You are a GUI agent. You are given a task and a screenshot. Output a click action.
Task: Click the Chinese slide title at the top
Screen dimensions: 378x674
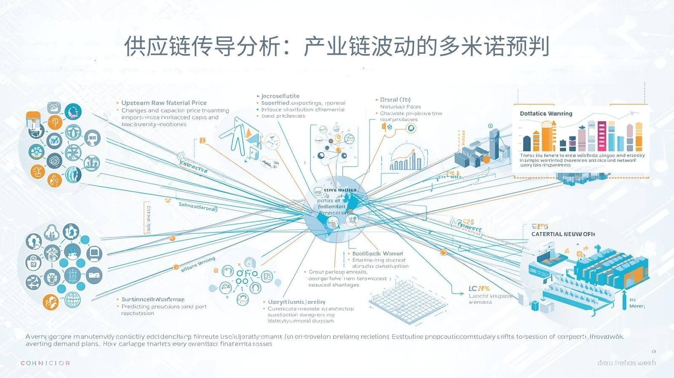pyautogui.click(x=337, y=46)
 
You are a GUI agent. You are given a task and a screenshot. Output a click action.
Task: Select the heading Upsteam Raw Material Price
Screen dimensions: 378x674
pyautogui.click(x=164, y=103)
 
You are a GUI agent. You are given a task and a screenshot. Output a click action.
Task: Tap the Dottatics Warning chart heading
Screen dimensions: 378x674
pyautogui.click(x=546, y=113)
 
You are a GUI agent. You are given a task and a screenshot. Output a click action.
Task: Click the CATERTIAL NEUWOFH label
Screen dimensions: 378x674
pyautogui.click(x=563, y=234)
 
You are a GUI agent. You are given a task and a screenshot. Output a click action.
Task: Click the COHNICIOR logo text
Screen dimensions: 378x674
pyautogui.click(x=45, y=363)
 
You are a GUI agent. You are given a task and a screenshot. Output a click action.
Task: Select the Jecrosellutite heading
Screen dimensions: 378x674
pyautogui.click(x=280, y=96)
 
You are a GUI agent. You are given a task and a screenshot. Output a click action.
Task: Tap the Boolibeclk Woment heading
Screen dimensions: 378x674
pyautogui.click(x=377, y=254)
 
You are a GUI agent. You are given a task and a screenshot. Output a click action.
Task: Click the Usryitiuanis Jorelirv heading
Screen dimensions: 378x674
pyautogui.click(x=297, y=302)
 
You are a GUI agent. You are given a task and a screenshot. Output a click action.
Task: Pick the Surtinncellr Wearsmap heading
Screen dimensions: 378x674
pyautogui.click(x=152, y=300)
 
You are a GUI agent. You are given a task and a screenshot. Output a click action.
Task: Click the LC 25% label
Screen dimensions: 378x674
pyautogui.click(x=479, y=289)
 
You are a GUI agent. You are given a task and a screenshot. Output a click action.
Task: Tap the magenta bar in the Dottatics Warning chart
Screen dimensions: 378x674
pyautogui.click(x=602, y=136)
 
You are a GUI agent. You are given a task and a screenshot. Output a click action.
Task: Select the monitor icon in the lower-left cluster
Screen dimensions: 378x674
pyautogui.click(x=94, y=253)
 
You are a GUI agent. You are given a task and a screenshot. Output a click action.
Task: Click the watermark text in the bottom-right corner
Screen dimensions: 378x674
pyautogui.click(x=626, y=362)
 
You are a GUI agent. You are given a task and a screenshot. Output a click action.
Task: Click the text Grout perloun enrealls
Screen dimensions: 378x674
pyautogui.click(x=338, y=272)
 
